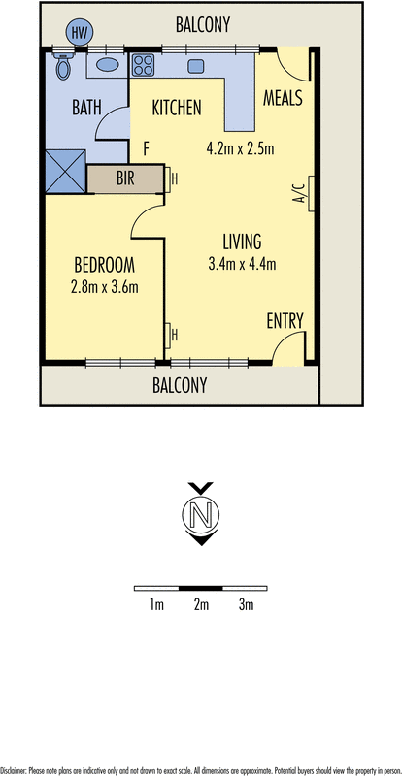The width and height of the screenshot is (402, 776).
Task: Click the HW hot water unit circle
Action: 79,32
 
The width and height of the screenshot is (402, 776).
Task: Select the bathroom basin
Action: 107,66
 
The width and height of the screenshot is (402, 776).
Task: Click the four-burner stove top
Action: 144,66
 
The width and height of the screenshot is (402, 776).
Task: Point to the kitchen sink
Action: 195,66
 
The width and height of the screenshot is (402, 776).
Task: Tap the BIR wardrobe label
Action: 125,178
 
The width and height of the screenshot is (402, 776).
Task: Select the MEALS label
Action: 283,98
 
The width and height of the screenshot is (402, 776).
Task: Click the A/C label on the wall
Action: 299,189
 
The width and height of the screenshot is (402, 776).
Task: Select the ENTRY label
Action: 285,321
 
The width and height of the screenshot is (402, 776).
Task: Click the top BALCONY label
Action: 203,26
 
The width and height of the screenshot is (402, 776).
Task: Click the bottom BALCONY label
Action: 180,385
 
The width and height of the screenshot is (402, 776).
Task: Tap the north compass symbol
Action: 200,514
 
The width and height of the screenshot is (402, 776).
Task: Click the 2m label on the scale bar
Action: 201,605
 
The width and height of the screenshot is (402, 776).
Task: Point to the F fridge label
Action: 147,148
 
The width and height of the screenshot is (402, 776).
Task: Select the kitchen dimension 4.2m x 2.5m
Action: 241,148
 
